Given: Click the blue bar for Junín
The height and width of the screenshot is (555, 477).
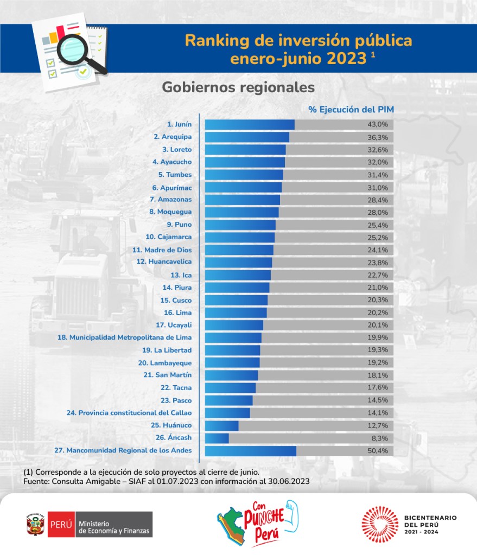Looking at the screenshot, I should pyautogui.click(x=250, y=125).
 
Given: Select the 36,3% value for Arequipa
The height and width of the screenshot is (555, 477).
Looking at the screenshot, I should pyautogui.click(x=379, y=137).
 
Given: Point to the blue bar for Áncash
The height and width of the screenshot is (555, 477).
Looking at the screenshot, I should pyautogui.click(x=217, y=438).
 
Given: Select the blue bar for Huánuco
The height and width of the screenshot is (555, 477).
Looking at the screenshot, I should pyautogui.click(x=221, y=425).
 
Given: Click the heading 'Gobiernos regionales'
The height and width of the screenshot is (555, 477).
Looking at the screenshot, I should pyautogui.click(x=238, y=87).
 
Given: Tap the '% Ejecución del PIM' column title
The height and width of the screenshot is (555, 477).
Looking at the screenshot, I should pyautogui.click(x=351, y=109).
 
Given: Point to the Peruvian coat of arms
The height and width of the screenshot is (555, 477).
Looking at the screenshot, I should pyautogui.click(x=35, y=524).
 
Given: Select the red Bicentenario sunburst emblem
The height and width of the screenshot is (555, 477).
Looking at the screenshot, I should pyautogui.click(x=380, y=524).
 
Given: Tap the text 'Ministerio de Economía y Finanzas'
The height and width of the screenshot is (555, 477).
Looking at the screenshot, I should pyautogui.click(x=115, y=525).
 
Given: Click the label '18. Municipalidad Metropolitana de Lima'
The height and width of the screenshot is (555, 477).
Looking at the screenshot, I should pyautogui.click(x=124, y=337).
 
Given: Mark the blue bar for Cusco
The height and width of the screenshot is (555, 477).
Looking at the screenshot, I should pyautogui.click(x=236, y=300).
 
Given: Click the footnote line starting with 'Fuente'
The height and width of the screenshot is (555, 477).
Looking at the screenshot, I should pyautogui.click(x=166, y=481).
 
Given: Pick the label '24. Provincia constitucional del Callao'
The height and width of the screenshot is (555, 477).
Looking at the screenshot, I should pyautogui.click(x=129, y=413).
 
